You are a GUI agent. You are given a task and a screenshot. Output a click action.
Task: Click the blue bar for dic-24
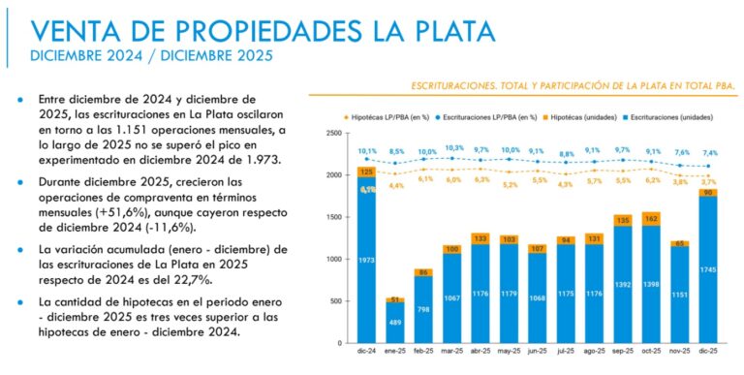[x=366, y=262]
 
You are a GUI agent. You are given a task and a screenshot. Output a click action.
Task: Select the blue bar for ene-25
[x=395, y=323]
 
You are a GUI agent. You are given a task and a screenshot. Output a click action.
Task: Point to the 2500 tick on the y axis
[x=334, y=133]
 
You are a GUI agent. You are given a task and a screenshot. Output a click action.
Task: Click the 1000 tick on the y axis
[x=334, y=259]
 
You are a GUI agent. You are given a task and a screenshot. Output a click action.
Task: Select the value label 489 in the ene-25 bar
[x=396, y=322]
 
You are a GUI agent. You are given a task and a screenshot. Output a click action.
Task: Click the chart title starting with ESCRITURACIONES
[x=574, y=85]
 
